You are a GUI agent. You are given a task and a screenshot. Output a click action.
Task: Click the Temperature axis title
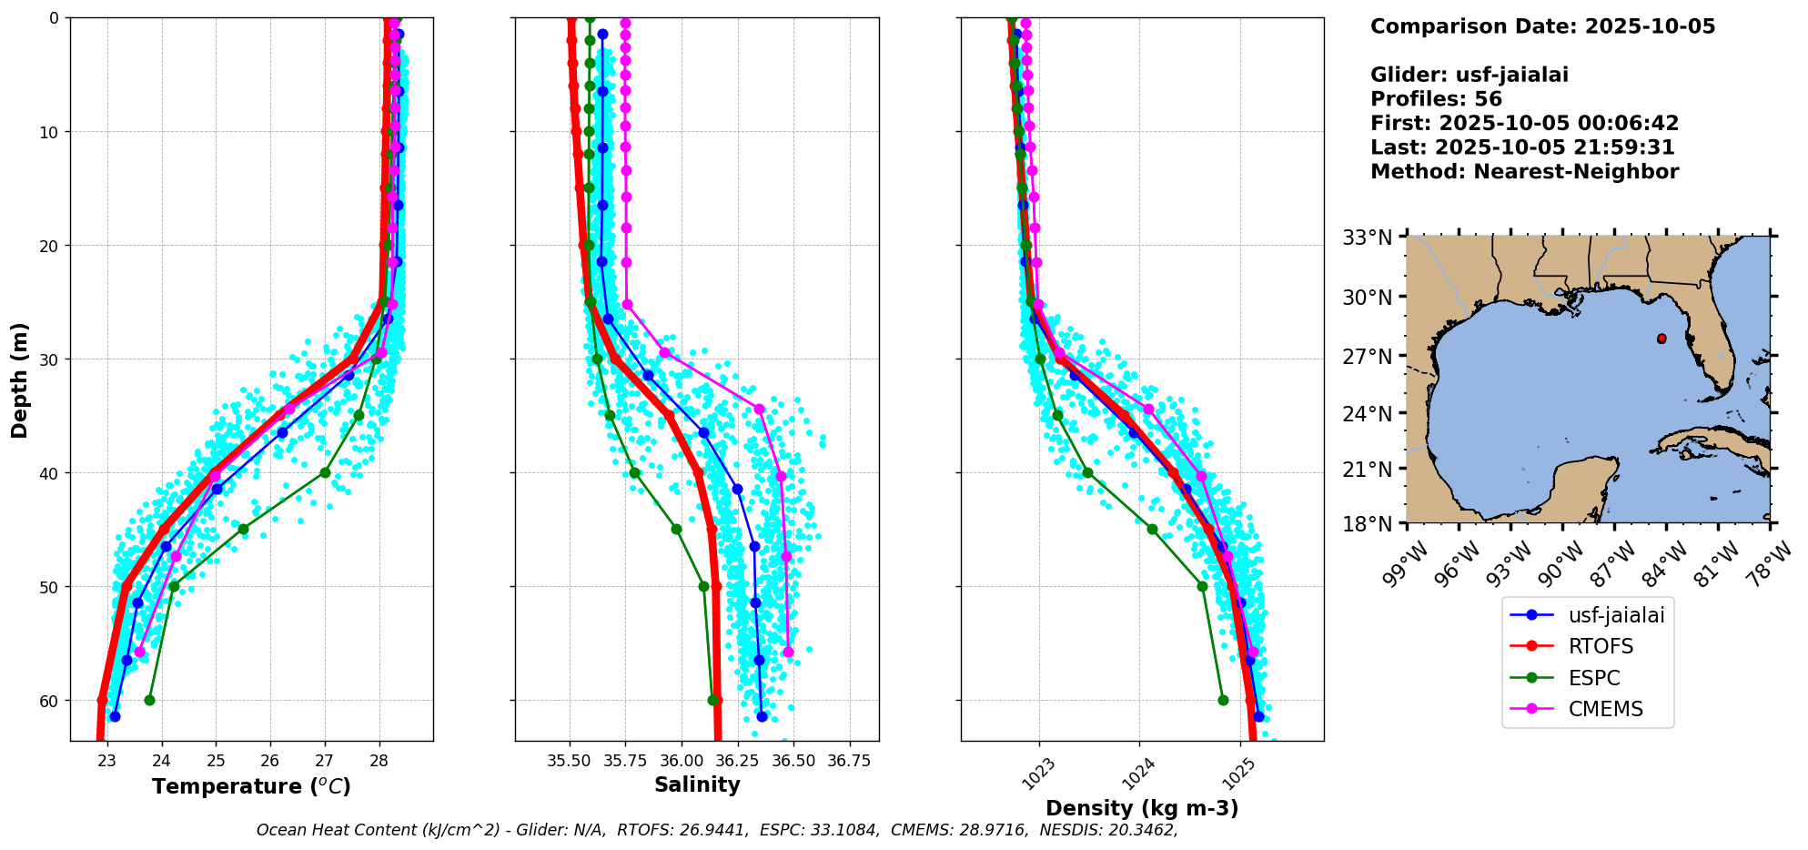point(251,786)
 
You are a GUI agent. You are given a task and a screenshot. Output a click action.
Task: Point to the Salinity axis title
point(697,784)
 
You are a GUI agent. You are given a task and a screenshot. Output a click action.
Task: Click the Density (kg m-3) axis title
point(1142,808)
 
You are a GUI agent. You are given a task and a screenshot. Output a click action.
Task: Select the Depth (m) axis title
point(20,379)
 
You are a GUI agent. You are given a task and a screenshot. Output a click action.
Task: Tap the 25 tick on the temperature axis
point(216,762)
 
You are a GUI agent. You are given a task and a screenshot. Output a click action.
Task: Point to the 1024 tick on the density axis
point(1137,774)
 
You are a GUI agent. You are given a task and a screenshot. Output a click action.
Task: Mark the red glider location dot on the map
point(1662,339)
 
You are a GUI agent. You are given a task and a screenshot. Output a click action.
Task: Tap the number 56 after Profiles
point(1488,99)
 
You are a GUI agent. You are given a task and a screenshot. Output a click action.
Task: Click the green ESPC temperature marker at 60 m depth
point(149,700)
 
